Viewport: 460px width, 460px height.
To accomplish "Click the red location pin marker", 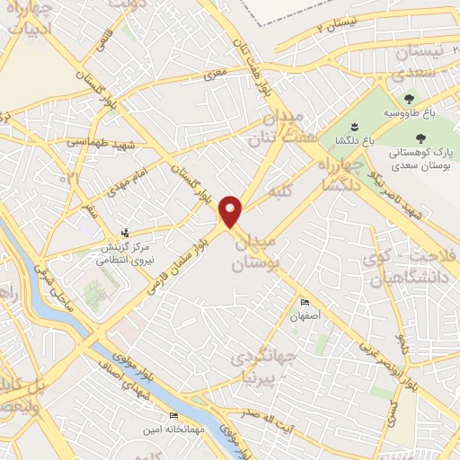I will [232, 212].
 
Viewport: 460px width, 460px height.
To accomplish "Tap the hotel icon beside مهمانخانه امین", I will [173, 416].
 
